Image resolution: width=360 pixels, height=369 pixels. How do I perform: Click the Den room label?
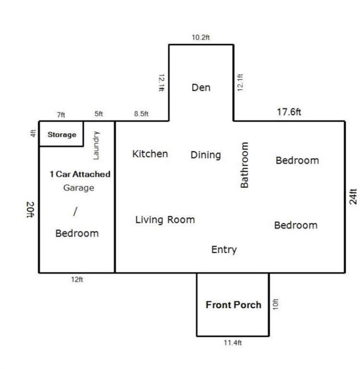(201, 87)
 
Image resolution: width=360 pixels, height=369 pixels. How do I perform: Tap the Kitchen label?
(150, 154)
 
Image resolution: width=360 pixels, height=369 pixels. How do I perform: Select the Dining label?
(206, 155)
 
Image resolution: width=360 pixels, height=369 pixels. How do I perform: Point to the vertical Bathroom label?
(244, 165)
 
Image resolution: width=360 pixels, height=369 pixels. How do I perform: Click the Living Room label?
(165, 220)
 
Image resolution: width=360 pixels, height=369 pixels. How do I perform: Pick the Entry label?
(224, 250)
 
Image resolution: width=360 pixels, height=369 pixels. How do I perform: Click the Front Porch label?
(234, 305)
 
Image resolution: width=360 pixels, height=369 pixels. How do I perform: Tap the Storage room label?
(62, 135)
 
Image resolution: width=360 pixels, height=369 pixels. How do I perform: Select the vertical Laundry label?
(97, 146)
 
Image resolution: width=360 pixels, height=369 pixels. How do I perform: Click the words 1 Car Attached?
(80, 174)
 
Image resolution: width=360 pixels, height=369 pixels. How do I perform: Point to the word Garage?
(79, 188)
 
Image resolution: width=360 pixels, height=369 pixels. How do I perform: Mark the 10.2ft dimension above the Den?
(201, 37)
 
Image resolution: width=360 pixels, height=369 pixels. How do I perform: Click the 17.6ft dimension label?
(289, 112)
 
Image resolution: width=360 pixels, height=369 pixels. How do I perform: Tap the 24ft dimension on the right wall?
(353, 197)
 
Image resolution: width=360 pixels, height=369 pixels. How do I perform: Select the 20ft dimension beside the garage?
(30, 209)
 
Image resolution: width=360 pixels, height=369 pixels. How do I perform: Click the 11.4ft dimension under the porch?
(233, 343)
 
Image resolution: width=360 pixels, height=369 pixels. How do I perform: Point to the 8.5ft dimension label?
(141, 114)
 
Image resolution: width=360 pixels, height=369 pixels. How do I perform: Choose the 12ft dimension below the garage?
(77, 280)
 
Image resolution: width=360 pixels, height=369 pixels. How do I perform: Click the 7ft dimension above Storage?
(61, 115)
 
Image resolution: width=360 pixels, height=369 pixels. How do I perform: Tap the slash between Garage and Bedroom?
(75, 211)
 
